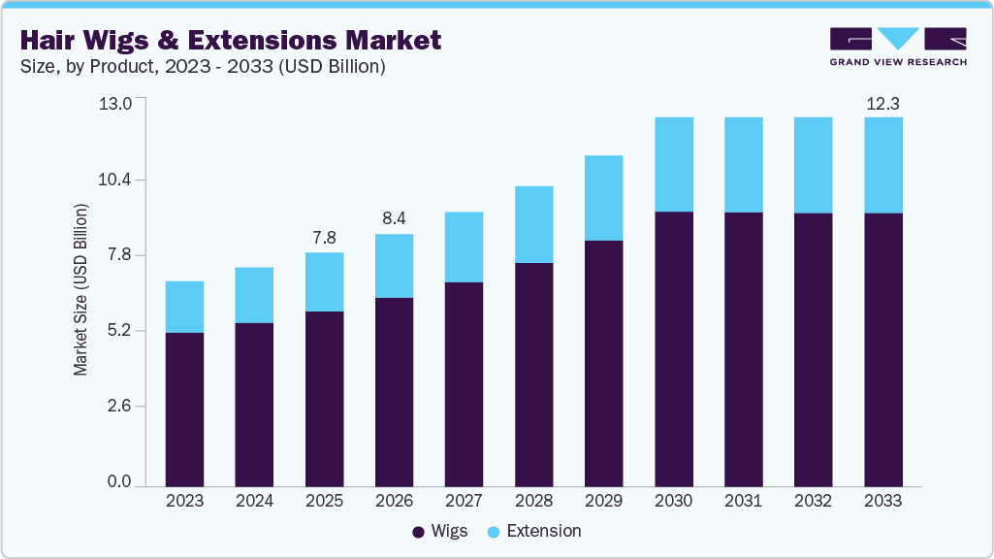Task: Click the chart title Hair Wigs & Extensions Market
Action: [x=231, y=40]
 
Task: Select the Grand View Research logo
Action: [x=898, y=47]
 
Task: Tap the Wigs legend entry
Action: [x=441, y=532]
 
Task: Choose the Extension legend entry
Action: [x=533, y=532]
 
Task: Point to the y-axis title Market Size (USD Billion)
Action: [x=81, y=290]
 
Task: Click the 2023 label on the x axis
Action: [x=184, y=502]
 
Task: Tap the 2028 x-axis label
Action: [x=533, y=502]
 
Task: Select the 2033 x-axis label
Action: [x=882, y=502]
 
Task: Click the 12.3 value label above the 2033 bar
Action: [x=882, y=103]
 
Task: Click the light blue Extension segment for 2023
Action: [x=184, y=307]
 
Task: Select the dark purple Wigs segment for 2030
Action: [x=673, y=348]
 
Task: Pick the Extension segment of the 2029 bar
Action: [x=603, y=198]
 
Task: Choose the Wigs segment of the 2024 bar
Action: [x=254, y=404]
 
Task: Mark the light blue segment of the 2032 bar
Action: [x=813, y=165]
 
